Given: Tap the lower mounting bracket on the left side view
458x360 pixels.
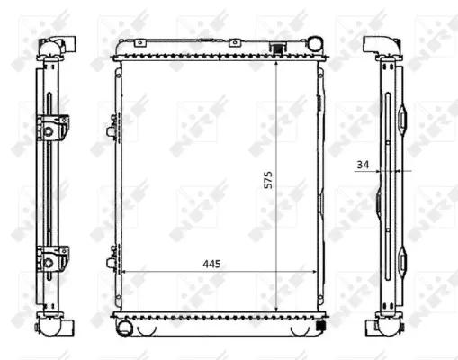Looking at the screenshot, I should point(49,259).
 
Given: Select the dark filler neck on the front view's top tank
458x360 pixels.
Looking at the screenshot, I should point(282,47).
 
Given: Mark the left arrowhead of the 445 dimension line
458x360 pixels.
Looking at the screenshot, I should point(124,271).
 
